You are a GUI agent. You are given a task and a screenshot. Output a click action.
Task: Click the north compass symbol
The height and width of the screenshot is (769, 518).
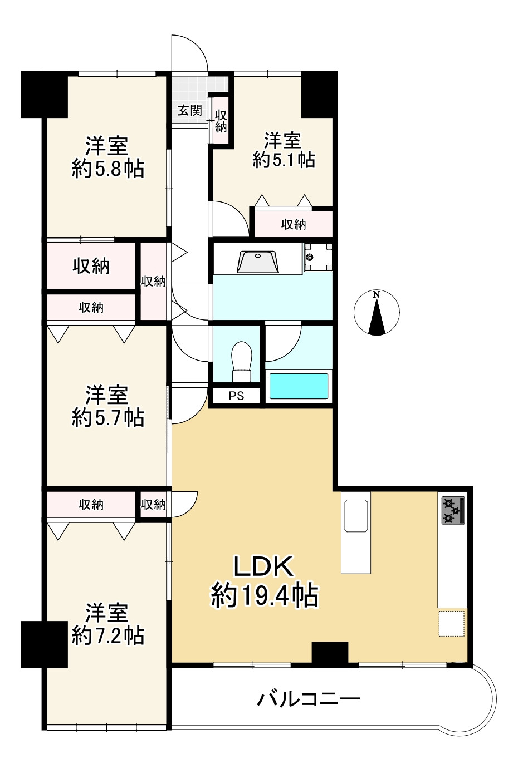[377, 313]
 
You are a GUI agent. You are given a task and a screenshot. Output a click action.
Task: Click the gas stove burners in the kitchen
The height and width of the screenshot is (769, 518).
[453, 510]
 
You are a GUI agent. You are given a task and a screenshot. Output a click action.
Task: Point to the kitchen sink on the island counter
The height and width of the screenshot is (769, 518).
[356, 516]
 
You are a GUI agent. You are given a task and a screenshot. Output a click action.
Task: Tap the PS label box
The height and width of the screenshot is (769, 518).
[237, 396]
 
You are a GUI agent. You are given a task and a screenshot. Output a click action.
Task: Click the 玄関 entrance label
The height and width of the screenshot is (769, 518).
[190, 110]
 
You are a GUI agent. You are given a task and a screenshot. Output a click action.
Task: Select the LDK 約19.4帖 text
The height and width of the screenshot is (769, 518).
[264, 581]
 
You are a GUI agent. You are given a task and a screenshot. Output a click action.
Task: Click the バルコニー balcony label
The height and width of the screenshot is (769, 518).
[309, 698]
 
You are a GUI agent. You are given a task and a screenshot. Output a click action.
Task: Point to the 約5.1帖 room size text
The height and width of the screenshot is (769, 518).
[284, 160]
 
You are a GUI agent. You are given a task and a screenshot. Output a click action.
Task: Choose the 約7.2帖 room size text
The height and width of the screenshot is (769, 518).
[108, 635]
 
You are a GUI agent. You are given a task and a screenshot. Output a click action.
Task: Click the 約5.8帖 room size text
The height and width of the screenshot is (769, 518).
[108, 168]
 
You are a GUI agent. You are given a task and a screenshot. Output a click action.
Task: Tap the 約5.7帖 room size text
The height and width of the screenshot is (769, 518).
[108, 417]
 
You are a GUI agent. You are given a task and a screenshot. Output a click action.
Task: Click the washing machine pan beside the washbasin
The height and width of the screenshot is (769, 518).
[318, 257]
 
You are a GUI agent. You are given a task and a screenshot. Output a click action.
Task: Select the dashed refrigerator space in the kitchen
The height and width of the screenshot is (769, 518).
[451, 623]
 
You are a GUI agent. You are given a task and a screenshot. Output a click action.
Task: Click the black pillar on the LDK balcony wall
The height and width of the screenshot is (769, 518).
[330, 653]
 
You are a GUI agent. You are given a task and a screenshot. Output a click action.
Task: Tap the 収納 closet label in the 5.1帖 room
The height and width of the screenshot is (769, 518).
[294, 224]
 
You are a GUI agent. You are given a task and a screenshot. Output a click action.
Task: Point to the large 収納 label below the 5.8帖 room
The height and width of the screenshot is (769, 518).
[91, 266]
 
